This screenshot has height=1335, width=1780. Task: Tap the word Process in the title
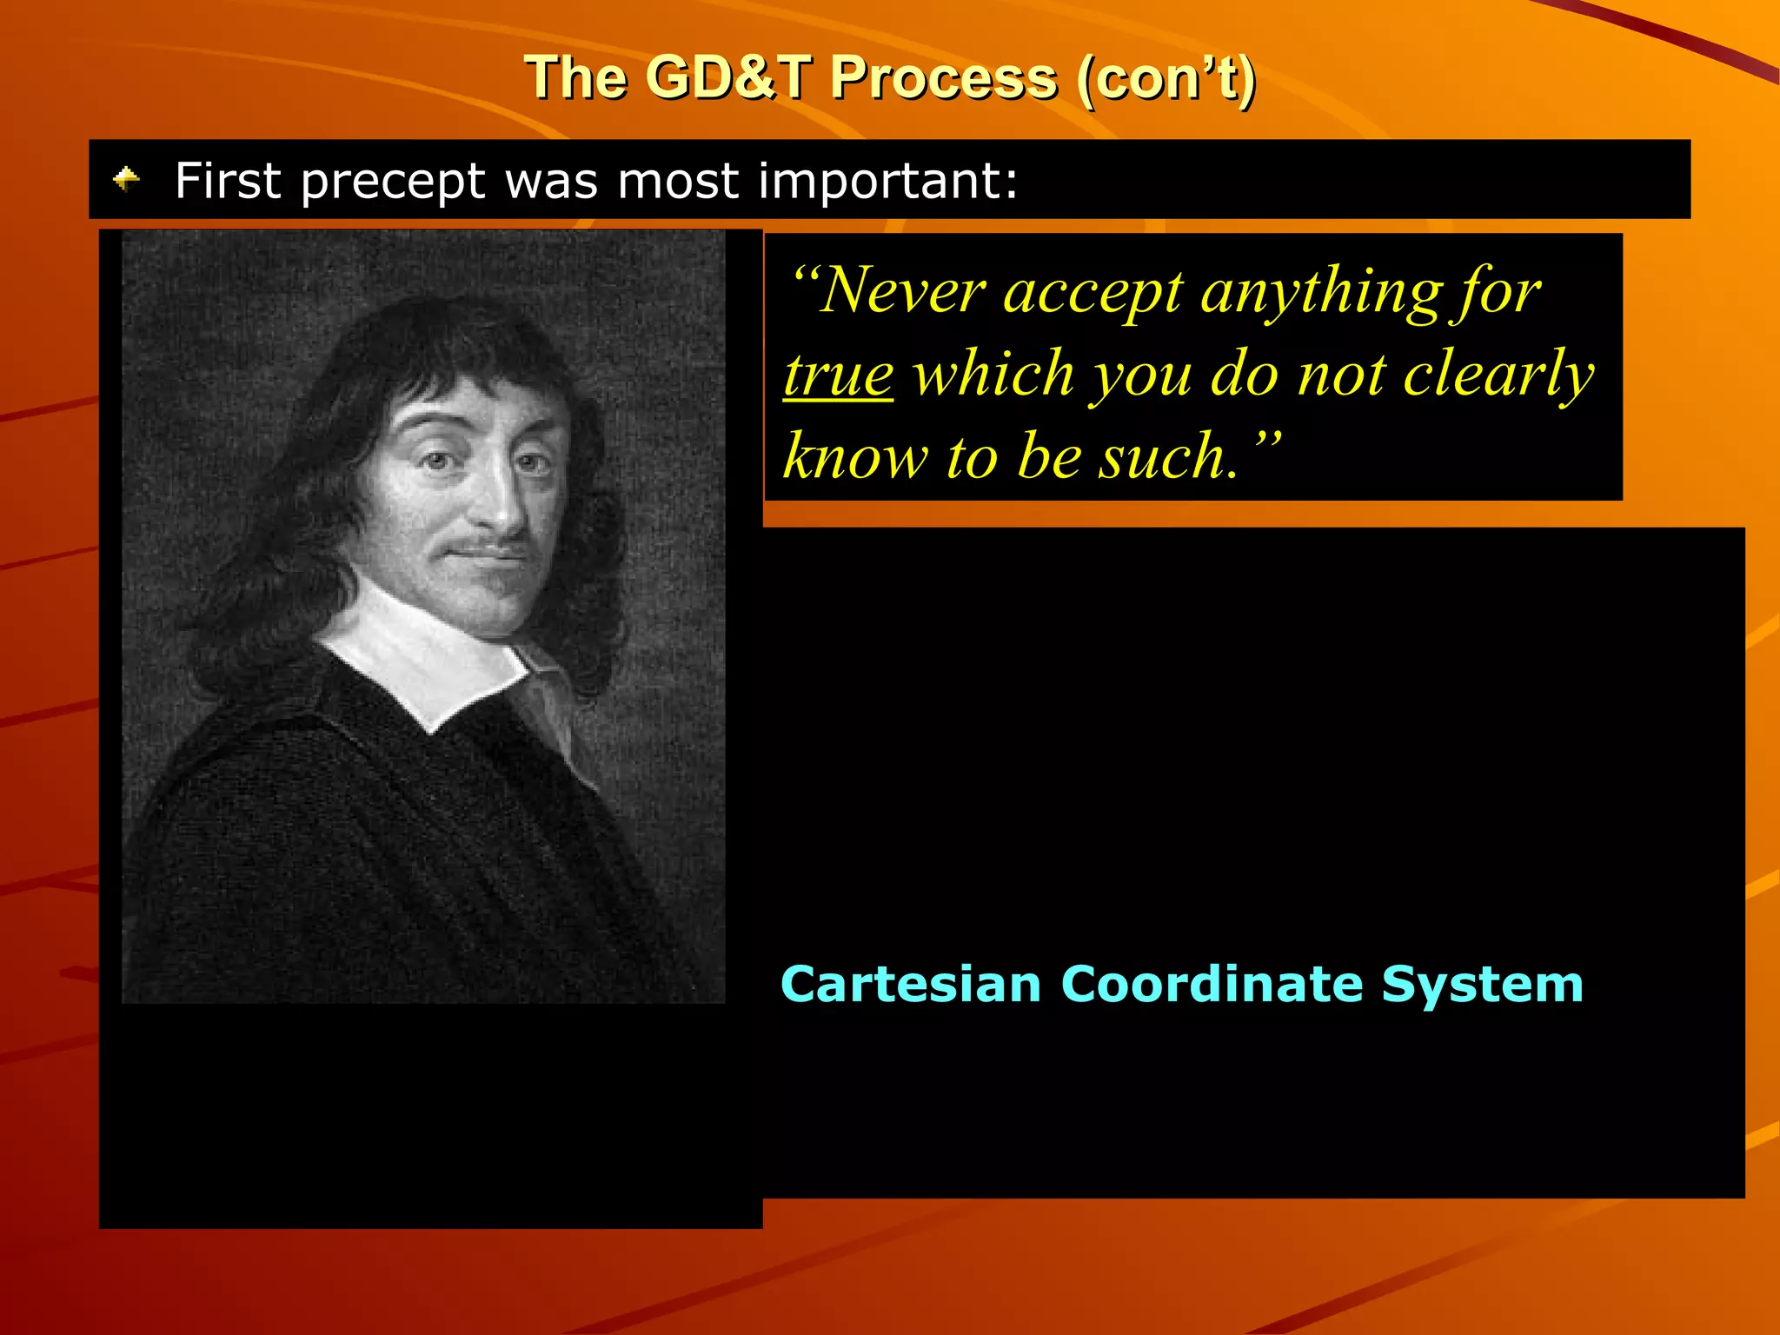point(943,78)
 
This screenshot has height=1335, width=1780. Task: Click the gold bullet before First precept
point(127,179)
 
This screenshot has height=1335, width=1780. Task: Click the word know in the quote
point(855,456)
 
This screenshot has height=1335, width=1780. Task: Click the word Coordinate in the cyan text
point(1211,985)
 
